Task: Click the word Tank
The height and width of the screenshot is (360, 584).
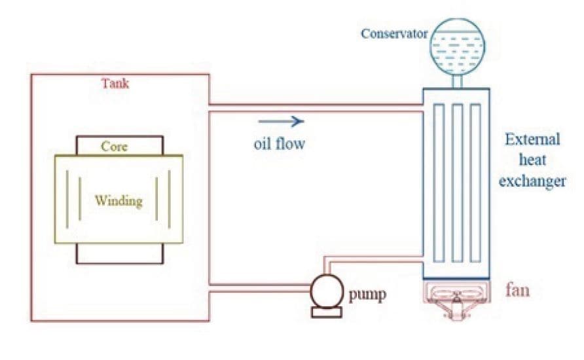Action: coord(115,83)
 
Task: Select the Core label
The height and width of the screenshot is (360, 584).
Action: coord(114,147)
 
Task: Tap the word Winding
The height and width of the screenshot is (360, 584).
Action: coord(119,201)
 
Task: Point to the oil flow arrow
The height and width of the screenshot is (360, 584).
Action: coord(282,121)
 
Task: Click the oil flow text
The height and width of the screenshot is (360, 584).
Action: coord(280,144)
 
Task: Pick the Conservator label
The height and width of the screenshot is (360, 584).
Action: coord(394,34)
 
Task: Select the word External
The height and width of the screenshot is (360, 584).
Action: coord(532,139)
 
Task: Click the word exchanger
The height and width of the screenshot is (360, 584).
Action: coord(532,181)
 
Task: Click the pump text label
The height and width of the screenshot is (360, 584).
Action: coord(367,295)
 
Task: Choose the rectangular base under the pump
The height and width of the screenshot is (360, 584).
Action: coord(327,313)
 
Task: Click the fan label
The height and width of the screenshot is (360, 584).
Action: coord(517,290)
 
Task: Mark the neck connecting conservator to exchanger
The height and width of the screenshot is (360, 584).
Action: coord(458,82)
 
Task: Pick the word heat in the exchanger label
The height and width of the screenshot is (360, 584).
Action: coord(532,160)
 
